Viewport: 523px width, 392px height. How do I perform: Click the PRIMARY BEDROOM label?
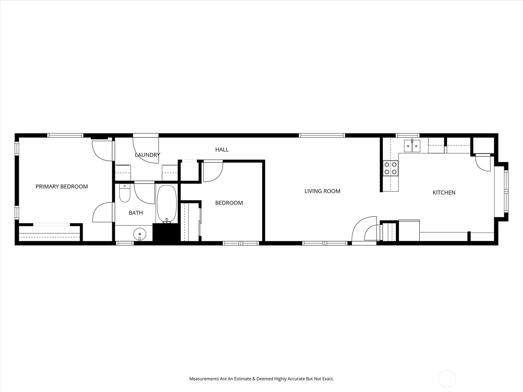point(62,187)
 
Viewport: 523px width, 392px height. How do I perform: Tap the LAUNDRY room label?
point(147,155)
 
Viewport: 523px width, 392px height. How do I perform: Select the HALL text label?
point(222,150)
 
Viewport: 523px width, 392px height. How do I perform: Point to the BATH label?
point(136,213)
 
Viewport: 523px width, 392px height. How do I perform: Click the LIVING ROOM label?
point(322,191)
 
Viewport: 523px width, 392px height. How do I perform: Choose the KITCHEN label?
point(444,192)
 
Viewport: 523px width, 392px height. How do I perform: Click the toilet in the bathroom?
point(125,193)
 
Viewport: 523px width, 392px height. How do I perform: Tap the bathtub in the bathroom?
point(167,204)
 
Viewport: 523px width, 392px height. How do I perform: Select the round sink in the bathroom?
point(140,234)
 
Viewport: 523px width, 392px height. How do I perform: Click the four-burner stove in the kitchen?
point(391,168)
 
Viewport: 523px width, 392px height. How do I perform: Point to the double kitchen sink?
point(412,146)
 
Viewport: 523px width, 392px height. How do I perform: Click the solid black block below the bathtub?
point(166,234)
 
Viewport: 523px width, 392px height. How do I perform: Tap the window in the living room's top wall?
point(322,136)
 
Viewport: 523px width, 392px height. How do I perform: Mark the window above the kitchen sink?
point(408,136)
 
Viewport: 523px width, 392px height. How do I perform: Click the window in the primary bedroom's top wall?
point(65,136)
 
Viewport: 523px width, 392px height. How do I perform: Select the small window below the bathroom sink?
point(125,243)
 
